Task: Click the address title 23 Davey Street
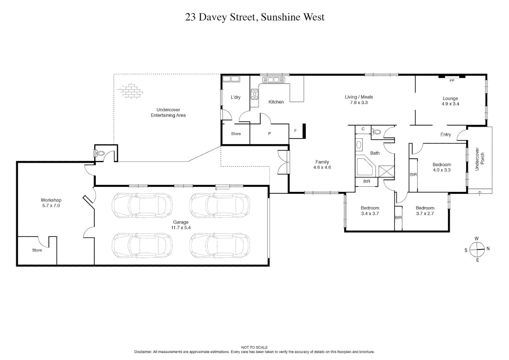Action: point(255,17)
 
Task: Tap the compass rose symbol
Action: point(477,249)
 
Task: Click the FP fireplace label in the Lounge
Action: point(452,81)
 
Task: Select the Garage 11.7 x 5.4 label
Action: point(181,225)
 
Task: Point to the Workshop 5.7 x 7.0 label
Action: point(51,203)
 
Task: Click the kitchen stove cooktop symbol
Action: point(255,94)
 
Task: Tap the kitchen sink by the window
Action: point(273,80)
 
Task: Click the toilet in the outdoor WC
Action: point(99,153)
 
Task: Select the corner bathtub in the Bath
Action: point(365,167)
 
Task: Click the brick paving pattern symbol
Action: point(130,91)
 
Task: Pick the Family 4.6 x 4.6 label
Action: point(322,165)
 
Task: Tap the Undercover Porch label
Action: point(479,159)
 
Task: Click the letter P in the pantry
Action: point(269,134)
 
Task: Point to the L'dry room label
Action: point(236,97)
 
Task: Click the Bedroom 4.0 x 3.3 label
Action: point(442,167)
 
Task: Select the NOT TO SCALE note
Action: point(254,347)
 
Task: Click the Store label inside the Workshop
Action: point(37,250)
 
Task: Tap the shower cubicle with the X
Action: point(386,172)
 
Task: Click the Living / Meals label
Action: point(359,100)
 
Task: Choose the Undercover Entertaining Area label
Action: point(168,112)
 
